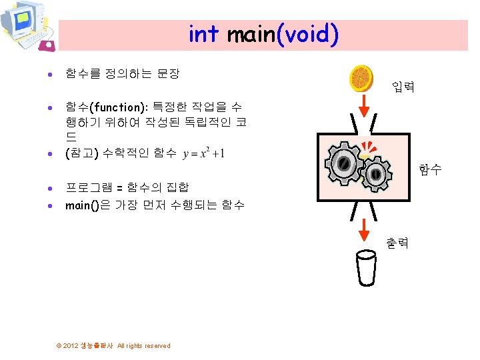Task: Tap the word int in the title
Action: pos(203,34)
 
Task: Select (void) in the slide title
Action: pos(307,34)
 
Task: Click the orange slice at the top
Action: pos(362,79)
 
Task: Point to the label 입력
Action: pos(403,87)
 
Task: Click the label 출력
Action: pos(397,243)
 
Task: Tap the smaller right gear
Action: pos(375,173)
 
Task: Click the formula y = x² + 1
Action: pos(203,153)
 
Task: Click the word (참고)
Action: pos(82,153)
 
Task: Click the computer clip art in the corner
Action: pos(27,27)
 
